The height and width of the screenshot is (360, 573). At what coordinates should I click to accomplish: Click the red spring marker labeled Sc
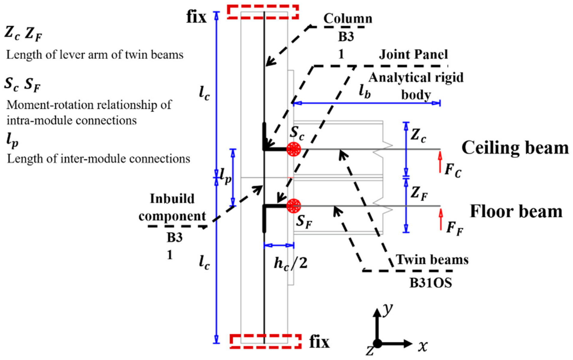(293, 149)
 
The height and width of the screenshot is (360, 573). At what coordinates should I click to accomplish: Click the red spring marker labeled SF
(293, 206)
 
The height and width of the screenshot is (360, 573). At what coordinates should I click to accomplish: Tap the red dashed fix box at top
(263, 12)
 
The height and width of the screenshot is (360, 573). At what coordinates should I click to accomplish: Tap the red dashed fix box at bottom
(266, 341)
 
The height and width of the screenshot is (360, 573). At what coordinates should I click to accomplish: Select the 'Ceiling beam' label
(515, 148)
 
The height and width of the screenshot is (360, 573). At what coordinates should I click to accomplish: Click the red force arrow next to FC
(440, 162)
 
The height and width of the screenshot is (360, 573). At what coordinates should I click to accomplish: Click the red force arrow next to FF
(440, 219)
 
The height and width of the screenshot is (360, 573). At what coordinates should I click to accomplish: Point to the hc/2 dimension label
(290, 263)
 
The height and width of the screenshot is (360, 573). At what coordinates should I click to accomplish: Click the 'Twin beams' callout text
(432, 259)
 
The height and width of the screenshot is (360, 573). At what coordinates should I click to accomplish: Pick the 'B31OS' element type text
(430, 283)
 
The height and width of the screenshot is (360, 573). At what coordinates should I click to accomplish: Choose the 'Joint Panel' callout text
(413, 55)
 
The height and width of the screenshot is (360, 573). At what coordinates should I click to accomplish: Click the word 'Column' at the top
(348, 19)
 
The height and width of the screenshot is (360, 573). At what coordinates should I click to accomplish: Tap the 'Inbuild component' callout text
(172, 207)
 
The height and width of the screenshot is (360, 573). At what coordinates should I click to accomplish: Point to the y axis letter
(387, 309)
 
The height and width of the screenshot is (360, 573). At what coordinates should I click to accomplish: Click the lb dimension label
(364, 92)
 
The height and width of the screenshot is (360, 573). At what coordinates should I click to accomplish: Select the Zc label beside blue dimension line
(418, 135)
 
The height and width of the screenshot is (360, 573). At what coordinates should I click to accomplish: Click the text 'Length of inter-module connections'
(98, 159)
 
